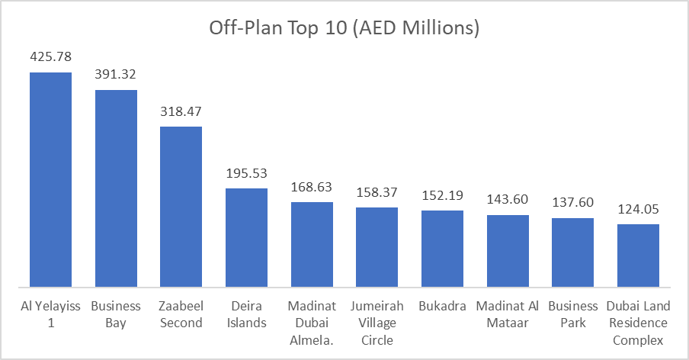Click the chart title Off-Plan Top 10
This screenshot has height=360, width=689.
pyautogui.click(x=344, y=28)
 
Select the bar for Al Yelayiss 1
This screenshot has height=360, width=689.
pyautogui.click(x=50, y=179)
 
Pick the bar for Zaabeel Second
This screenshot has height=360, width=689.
pyautogui.click(x=181, y=207)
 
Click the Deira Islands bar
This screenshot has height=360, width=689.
pyautogui.click(x=246, y=237)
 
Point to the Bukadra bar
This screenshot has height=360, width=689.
pyautogui.click(x=442, y=249)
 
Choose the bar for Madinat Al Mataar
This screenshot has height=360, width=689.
pyautogui.click(x=508, y=251)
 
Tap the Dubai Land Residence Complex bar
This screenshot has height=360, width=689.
pyautogui.click(x=638, y=256)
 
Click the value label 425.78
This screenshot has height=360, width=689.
pyautogui.click(x=50, y=57)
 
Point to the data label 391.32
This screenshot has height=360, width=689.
pyautogui.click(x=116, y=75)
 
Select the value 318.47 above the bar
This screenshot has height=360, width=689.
pyautogui.click(x=181, y=111)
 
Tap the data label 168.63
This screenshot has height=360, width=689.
pyautogui.click(x=312, y=187)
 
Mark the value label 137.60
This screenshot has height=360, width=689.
pyautogui.click(x=573, y=203)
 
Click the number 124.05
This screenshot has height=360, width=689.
pyautogui.click(x=638, y=209)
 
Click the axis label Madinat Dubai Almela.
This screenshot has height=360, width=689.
pyautogui.click(x=312, y=323)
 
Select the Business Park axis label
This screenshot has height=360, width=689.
pyautogui.click(x=573, y=314)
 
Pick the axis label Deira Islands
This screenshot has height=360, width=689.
pyautogui.click(x=246, y=314)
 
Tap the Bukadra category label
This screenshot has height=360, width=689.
pyautogui.click(x=442, y=307)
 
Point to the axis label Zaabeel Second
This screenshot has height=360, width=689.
pyautogui.click(x=181, y=314)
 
